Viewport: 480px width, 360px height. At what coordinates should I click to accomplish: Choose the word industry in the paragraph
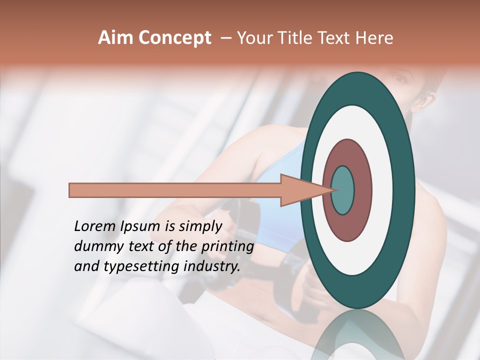tap(212, 267)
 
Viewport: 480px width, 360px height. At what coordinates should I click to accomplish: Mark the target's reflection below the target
tap(358, 335)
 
